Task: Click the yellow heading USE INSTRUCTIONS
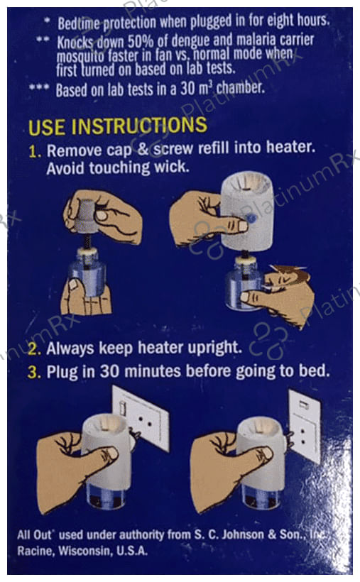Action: coord(117,126)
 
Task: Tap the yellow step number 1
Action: coord(35,151)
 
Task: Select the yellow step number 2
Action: coord(34,349)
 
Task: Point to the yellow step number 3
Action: coord(34,373)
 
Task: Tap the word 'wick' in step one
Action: coord(171,167)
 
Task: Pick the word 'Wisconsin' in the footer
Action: coord(85,551)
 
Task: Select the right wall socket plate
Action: coord(305,426)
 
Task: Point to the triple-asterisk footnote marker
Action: coord(39,88)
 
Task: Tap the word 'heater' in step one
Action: coord(290,148)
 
